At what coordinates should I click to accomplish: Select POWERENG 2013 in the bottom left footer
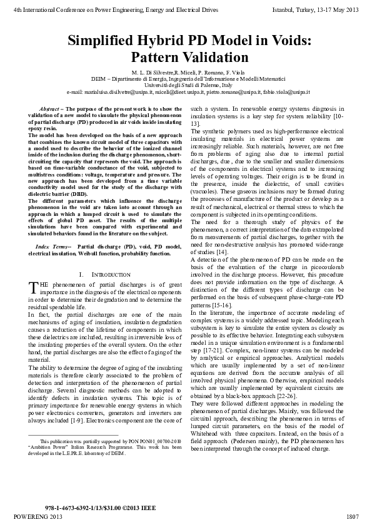click(x=38, y=516)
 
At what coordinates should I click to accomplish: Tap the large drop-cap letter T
click(x=34, y=287)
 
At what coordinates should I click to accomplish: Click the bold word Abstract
click(x=51, y=109)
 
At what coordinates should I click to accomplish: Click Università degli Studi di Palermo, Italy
click(x=186, y=85)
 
